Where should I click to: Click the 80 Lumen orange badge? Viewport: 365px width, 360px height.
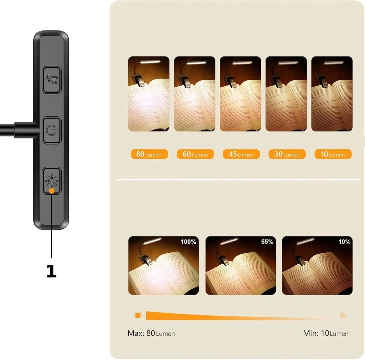[149, 154]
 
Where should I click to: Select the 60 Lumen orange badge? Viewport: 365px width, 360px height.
[195, 154]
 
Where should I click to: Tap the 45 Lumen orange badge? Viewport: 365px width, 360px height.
[241, 154]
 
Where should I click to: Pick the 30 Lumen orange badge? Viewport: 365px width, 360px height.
[287, 154]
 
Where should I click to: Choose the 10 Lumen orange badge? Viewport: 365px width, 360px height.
[333, 154]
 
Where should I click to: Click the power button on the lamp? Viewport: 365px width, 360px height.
[51, 130]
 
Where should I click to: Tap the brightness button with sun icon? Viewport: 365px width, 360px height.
[51, 180]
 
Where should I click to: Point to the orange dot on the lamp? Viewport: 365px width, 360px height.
[51, 191]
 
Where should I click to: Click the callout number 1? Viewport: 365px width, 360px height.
[51, 271]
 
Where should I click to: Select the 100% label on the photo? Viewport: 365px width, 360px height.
[188, 242]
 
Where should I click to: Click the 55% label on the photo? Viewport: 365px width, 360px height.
[267, 242]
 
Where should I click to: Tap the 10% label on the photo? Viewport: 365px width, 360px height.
[344, 242]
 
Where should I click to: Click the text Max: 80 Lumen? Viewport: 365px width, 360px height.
[151, 333]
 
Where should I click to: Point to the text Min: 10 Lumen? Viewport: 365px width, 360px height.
[326, 333]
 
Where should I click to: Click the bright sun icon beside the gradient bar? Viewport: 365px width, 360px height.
[138, 315]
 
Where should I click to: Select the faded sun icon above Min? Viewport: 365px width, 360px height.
[342, 315]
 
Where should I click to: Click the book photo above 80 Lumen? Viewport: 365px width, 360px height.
[149, 94]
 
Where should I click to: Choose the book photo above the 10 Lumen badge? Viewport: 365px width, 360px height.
[332, 94]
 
